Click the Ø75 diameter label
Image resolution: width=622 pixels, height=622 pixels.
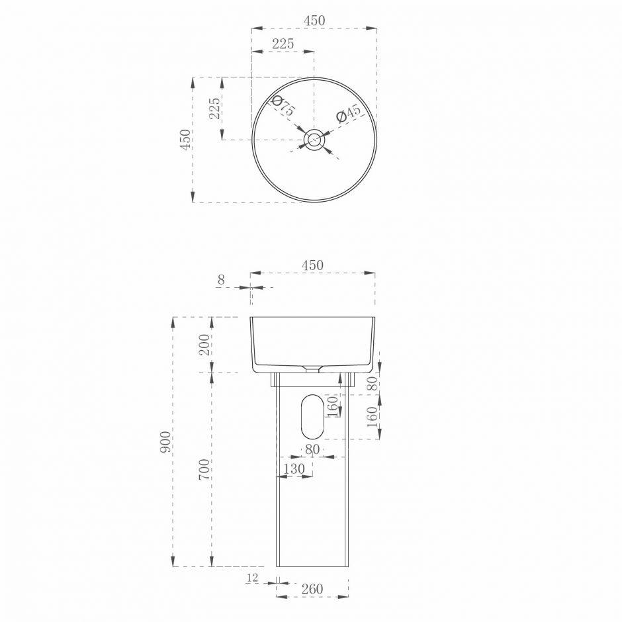pyautogui.click(x=284, y=106)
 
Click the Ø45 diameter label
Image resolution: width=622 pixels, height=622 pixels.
pyautogui.click(x=348, y=114)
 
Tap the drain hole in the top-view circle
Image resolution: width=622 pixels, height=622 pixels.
pyautogui.click(x=314, y=140)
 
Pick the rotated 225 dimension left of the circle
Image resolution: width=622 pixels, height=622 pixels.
pyautogui.click(x=214, y=109)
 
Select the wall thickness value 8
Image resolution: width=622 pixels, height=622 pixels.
pyautogui.click(x=221, y=280)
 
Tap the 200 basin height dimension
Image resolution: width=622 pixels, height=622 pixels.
pyautogui.click(x=204, y=345)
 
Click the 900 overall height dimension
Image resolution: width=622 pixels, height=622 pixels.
pyautogui.click(x=165, y=441)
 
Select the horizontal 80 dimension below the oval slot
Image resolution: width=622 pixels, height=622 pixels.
pyautogui.click(x=312, y=449)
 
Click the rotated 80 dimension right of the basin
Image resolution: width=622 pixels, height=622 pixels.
pyautogui.click(x=372, y=383)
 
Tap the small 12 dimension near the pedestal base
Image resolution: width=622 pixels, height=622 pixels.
pyautogui.click(x=252, y=578)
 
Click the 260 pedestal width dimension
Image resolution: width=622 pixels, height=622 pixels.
pyautogui.click(x=312, y=588)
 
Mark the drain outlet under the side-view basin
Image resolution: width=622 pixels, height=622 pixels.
pyautogui.click(x=312, y=368)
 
